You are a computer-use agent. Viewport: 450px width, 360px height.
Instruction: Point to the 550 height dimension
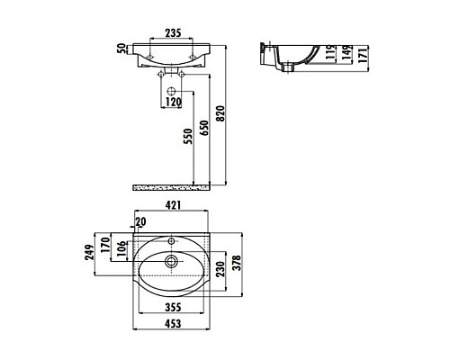[x=186, y=136]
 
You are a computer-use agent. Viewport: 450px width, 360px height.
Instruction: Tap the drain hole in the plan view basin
[x=170, y=263]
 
